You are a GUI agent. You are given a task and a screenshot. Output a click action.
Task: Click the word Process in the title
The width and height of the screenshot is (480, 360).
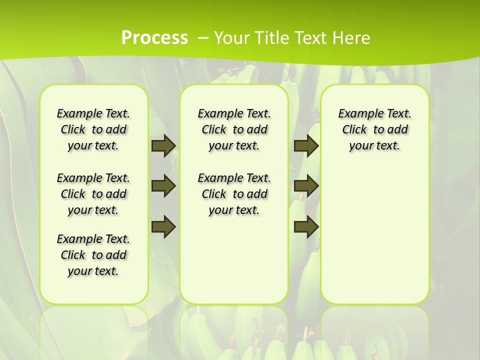point(154,37)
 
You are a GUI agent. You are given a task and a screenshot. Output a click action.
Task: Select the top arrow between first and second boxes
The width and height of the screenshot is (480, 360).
point(163,145)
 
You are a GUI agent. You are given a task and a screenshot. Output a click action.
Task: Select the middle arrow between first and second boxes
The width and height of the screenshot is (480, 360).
point(163,186)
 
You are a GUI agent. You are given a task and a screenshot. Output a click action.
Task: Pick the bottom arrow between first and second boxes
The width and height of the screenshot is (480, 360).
point(163,226)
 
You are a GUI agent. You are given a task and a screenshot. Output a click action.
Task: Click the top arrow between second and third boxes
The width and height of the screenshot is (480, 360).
point(306,145)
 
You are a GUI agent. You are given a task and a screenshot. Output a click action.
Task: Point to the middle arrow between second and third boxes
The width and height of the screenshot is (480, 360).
point(306,186)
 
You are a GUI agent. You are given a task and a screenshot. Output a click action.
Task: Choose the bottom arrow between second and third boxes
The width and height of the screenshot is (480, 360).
point(306,226)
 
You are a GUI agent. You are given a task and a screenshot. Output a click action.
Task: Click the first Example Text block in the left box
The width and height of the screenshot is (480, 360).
point(93,129)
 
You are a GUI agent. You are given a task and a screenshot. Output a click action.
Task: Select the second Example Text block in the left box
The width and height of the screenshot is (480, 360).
point(93,194)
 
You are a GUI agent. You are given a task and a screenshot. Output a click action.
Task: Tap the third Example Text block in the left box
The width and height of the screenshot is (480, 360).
point(93,255)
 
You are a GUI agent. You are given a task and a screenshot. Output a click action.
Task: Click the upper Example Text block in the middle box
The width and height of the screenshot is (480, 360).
point(234,129)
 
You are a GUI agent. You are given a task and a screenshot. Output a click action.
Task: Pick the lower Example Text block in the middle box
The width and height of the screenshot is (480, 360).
point(234,194)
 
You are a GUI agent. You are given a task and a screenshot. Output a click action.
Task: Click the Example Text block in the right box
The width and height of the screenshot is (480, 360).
point(375,129)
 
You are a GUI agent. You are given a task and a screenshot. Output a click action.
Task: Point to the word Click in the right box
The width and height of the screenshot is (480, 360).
point(354,130)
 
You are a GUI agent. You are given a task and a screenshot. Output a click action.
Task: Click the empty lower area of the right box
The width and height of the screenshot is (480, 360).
point(375,235)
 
